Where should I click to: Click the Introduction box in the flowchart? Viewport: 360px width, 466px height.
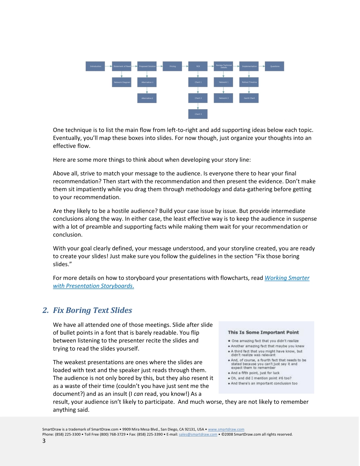[x=95, y=66]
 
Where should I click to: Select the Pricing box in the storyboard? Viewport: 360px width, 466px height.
[x=172, y=66]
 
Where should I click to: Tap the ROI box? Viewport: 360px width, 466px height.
[x=198, y=66]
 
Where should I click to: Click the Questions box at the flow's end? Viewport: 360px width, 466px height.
[x=274, y=66]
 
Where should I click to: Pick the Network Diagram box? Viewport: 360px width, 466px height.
[x=121, y=82]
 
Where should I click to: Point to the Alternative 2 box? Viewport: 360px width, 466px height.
[x=147, y=98]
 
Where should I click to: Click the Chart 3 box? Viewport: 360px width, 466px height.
[x=198, y=114]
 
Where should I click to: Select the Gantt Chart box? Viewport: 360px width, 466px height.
[x=249, y=98]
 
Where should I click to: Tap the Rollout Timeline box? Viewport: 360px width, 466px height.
[x=249, y=82]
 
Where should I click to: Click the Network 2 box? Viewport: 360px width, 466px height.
[x=224, y=98]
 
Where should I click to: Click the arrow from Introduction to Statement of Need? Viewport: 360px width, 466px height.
[x=108, y=66]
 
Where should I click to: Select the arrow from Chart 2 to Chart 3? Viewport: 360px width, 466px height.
[x=198, y=106]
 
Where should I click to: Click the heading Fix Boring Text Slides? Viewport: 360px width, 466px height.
[x=92, y=310]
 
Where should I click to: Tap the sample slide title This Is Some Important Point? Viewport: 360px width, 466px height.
[x=263, y=332]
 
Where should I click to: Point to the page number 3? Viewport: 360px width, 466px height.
[x=44, y=441]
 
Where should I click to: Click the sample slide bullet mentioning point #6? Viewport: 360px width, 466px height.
[x=261, y=378]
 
